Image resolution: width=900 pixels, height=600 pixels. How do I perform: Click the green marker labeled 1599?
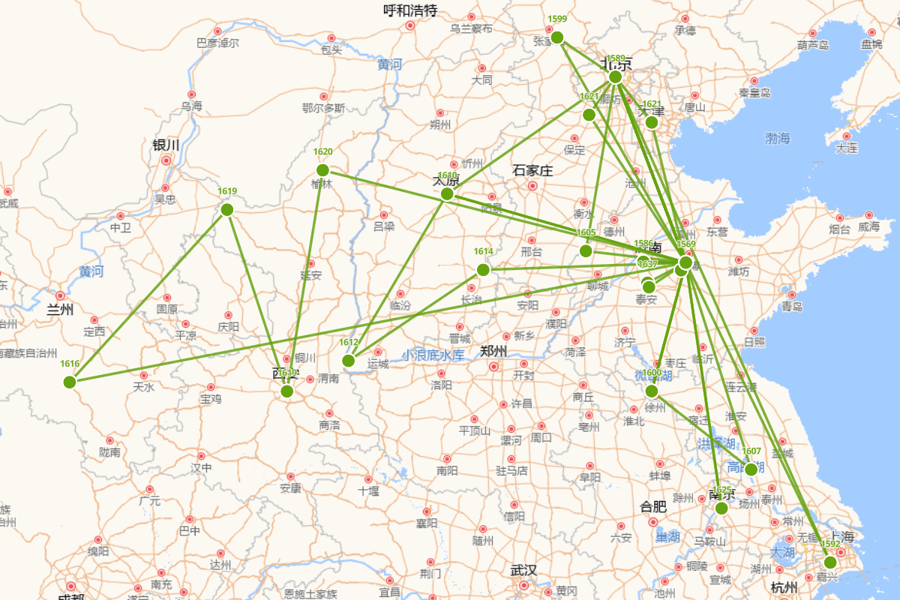pyautogui.click(x=556, y=37)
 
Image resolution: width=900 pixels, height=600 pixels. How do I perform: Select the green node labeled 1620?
pyautogui.click(x=322, y=170)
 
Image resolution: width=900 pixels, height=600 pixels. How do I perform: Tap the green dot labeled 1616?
pyautogui.click(x=70, y=382)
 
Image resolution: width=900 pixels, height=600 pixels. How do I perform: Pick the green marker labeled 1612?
pyautogui.click(x=349, y=361)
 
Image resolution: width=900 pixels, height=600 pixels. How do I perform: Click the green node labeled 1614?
pyautogui.click(x=483, y=270)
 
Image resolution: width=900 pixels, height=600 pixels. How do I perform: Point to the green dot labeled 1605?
pyautogui.click(x=586, y=250)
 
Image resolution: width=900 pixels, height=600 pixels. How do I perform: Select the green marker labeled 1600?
pyautogui.click(x=652, y=391)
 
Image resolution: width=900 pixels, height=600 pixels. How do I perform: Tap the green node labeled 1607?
pyautogui.click(x=751, y=469)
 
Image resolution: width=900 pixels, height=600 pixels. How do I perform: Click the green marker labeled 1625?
pyautogui.click(x=721, y=508)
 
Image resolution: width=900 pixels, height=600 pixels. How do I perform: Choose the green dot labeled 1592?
pyautogui.click(x=830, y=562)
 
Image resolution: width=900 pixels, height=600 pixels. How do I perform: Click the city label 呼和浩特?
pyautogui.click(x=410, y=10)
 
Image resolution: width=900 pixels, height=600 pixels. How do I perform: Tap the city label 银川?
pyautogui.click(x=166, y=145)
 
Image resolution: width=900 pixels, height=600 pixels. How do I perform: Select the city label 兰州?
pyautogui.click(x=60, y=309)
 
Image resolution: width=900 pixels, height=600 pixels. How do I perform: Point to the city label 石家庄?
pyautogui.click(x=532, y=171)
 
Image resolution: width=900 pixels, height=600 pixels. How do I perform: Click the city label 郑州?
pyautogui.click(x=493, y=351)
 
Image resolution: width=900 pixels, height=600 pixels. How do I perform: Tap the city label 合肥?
pyautogui.click(x=653, y=506)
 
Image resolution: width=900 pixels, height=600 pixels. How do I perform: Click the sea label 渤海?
pyautogui.click(x=778, y=138)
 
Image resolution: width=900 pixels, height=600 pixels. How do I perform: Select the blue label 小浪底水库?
pyautogui.click(x=433, y=355)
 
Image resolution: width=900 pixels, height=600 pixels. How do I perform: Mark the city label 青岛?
pyautogui.click(x=792, y=306)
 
